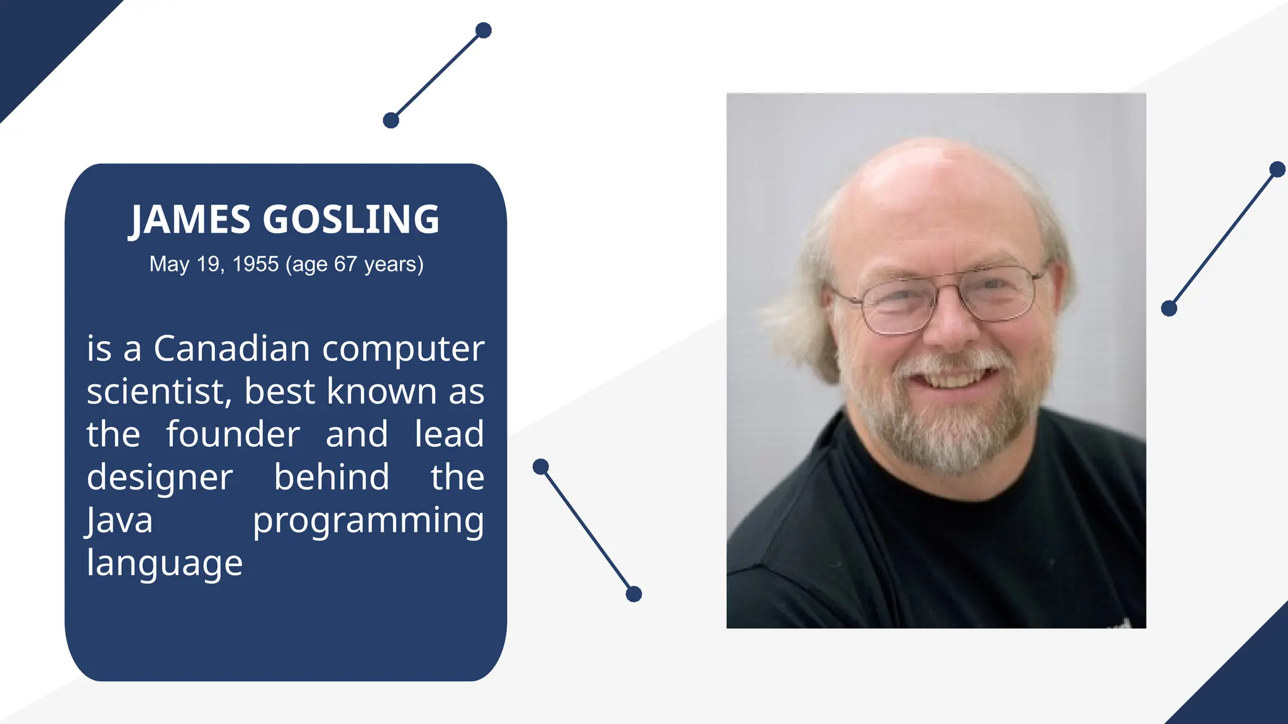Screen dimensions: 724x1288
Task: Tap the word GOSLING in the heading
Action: click(350, 219)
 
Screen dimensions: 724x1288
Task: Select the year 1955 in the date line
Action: click(255, 264)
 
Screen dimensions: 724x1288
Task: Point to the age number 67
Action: click(345, 264)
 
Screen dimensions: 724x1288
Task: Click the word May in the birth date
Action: click(169, 264)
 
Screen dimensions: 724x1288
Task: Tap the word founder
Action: click(233, 434)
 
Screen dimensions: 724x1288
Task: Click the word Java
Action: click(119, 521)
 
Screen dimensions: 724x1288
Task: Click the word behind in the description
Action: click(331, 477)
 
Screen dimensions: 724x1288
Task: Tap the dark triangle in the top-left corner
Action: click(38, 38)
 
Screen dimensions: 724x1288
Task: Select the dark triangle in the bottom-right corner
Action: click(1245, 685)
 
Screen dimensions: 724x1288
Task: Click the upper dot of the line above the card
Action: click(483, 30)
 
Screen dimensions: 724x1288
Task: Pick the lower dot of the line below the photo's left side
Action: click(634, 594)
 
